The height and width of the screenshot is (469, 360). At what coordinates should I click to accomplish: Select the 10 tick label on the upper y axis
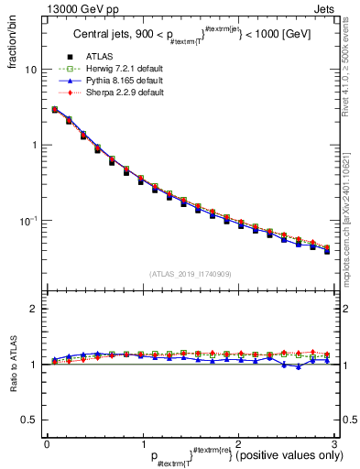coord(30,70)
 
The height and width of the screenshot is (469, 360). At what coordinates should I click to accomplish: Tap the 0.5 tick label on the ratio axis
coord(28,420)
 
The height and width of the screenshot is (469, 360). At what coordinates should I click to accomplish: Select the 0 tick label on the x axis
coord(47,443)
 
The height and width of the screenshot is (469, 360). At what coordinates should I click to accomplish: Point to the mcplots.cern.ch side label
coord(350,229)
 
